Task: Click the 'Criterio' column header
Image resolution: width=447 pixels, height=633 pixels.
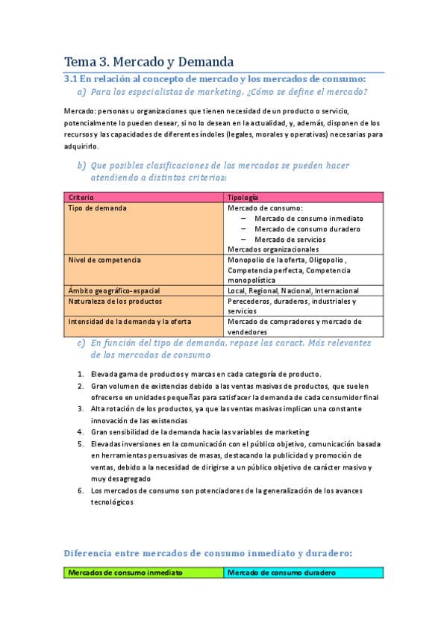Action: (x=82, y=196)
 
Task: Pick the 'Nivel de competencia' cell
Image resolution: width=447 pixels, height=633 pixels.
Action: (x=104, y=260)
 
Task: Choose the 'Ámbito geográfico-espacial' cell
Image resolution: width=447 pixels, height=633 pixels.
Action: (x=114, y=290)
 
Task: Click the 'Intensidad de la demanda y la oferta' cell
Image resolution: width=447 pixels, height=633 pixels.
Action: (x=130, y=322)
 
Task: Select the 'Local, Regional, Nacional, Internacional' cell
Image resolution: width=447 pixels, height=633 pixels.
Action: (x=293, y=290)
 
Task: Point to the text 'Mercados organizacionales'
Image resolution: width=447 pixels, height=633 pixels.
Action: (x=272, y=249)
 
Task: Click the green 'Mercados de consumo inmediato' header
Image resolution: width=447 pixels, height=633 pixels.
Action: (x=125, y=573)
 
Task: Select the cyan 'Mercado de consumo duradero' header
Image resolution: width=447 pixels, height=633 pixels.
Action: (x=281, y=573)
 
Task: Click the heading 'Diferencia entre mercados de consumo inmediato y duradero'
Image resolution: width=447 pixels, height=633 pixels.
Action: (x=207, y=553)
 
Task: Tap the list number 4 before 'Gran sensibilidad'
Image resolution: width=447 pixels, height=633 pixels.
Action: (x=81, y=431)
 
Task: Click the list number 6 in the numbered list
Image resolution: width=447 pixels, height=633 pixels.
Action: (x=81, y=490)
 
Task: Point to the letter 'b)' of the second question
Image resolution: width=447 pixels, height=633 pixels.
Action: (x=81, y=165)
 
